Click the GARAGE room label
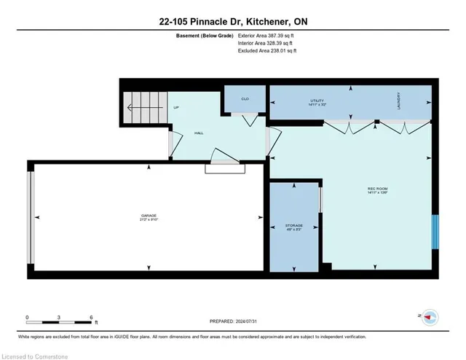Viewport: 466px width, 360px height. pos(149,216)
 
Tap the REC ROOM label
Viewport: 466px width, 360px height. pos(376,191)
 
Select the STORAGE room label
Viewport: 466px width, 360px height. pos(294,227)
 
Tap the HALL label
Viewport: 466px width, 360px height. pos(198,133)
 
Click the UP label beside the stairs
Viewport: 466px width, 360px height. pos(176,108)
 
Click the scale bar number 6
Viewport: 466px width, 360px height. pos(91,317)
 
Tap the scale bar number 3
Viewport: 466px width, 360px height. pos(59,317)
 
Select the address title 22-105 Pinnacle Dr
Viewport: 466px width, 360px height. pos(233,22)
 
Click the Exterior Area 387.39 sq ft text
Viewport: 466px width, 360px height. pos(269,35)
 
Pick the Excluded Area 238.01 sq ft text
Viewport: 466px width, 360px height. pos(269,51)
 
